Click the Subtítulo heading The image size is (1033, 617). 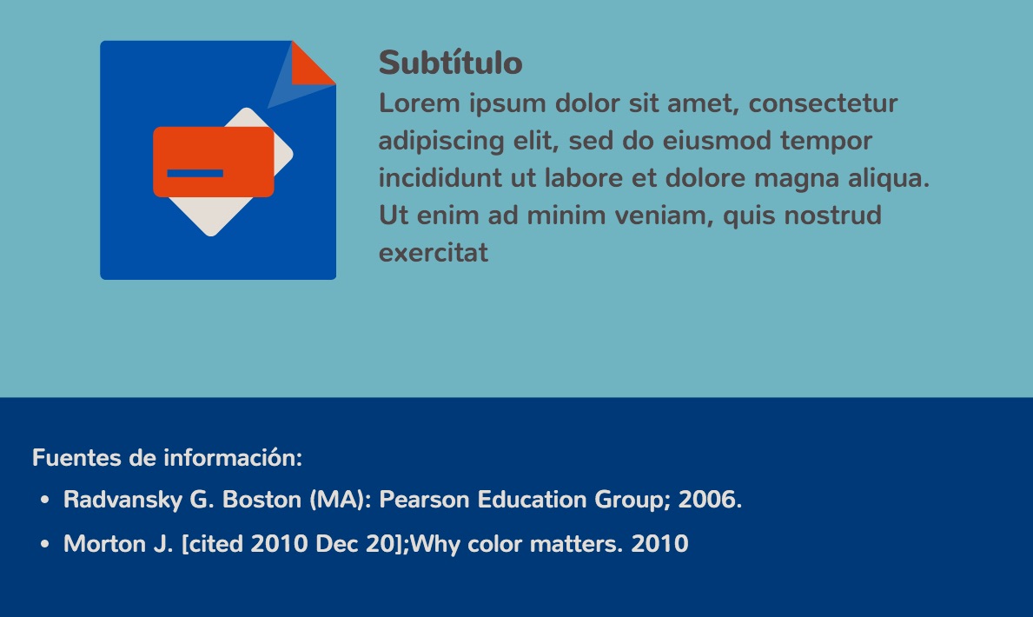(451, 63)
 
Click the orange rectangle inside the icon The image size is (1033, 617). (214, 163)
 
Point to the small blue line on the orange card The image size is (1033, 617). (195, 173)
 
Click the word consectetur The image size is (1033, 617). (823, 103)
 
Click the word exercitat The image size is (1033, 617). (434, 253)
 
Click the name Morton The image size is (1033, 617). (105, 544)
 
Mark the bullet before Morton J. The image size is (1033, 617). (45, 545)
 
